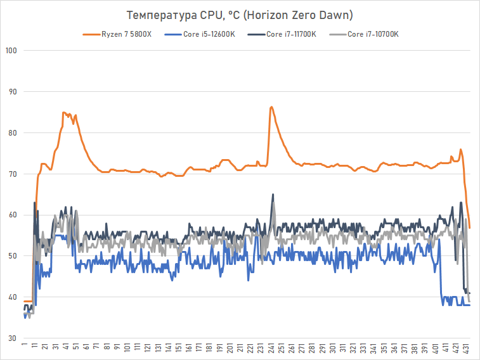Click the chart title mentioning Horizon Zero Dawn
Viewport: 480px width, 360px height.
click(240, 15)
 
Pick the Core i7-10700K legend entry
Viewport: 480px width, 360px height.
click(373, 34)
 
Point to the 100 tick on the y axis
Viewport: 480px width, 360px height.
click(10, 51)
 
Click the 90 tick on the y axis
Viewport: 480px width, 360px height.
click(11, 92)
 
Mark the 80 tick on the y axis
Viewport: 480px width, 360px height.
click(11, 133)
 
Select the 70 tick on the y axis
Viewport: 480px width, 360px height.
click(11, 174)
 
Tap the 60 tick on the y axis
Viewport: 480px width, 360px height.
click(11, 215)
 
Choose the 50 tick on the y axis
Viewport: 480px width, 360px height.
click(11, 256)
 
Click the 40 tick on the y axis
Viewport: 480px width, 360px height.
click(11, 297)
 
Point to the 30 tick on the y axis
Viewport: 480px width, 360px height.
click(11, 338)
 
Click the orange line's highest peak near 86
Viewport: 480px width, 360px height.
click(271, 107)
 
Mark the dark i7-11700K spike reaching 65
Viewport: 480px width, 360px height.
click(273, 195)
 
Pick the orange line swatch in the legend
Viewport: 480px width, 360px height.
click(93, 34)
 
